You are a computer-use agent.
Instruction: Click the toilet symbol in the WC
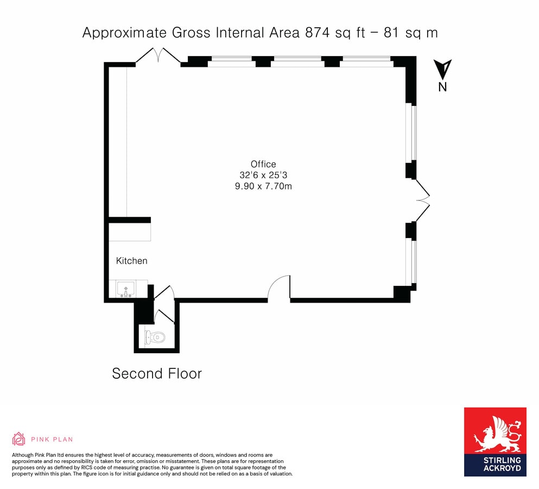coord(156,337)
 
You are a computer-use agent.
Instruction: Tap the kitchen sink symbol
coord(125,288)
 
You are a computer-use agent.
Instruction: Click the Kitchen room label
coord(131,261)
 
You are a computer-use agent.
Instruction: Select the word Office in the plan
coord(263,164)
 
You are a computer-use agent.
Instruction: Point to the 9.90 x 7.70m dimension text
coord(263,186)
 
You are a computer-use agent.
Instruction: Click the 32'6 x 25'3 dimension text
coord(263,175)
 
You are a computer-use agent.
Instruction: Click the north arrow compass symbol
coord(443,69)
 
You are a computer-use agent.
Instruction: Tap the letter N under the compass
coord(443,87)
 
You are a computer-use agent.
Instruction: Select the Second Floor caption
coord(156,374)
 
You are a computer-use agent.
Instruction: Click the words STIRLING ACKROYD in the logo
coord(494,464)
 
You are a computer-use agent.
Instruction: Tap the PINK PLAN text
coord(52,439)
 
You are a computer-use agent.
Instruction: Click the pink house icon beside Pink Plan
coord(18,438)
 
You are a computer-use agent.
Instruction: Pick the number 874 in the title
coord(316,33)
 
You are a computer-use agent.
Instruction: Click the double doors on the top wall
coord(158,56)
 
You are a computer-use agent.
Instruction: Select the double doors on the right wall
coord(423,200)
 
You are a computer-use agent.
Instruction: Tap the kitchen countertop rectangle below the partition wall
coord(130,232)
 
